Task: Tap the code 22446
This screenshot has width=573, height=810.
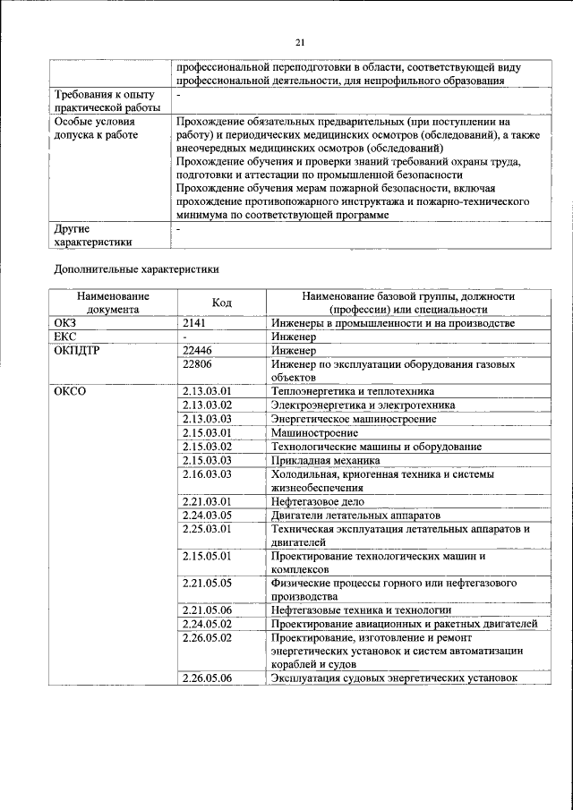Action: [x=198, y=350]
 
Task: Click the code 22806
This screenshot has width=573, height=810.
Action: [x=198, y=364]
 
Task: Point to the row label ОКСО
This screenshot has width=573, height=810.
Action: [x=70, y=391]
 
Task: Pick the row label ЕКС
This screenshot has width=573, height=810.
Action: [x=66, y=337]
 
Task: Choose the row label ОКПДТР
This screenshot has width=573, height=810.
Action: [x=77, y=350]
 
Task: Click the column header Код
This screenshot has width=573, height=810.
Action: [x=222, y=303]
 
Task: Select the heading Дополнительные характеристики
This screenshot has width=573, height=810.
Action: [x=136, y=268]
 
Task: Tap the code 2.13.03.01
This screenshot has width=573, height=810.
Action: [x=207, y=391]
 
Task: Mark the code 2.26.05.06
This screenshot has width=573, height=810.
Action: [x=207, y=678]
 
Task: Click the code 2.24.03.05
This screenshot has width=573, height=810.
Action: [x=207, y=515]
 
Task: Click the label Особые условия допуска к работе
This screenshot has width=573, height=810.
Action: [x=97, y=127]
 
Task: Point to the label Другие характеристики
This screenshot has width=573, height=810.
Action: [x=93, y=234]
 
